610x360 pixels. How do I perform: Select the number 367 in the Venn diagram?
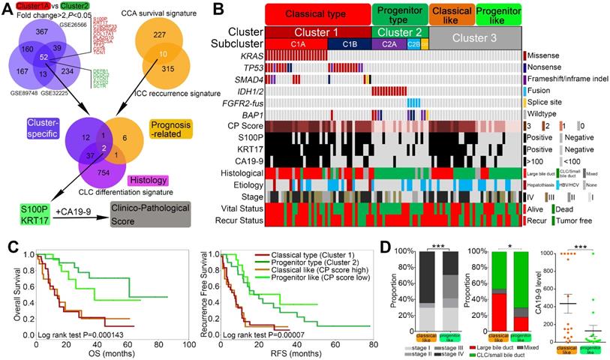[44, 31]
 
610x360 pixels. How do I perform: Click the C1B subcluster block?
[350, 45]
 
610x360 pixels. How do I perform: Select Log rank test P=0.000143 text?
[84, 328]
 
